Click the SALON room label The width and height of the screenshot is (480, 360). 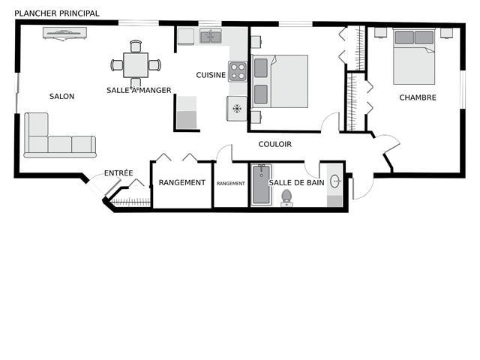pos(61,97)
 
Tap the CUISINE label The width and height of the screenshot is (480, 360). pos(211,75)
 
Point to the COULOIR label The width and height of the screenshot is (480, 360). pos(275,144)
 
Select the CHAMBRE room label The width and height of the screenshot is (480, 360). pos(418,97)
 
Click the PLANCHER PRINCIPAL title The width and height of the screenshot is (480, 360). pos(57,13)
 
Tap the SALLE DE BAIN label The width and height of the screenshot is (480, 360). pos(296,183)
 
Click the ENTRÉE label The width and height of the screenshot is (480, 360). pos(118,173)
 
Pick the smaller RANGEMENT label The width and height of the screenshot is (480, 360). pos(231,183)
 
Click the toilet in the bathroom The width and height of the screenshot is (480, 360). pos(286,198)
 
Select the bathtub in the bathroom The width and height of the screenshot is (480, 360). pos(262,185)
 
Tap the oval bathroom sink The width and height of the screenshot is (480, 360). pos(335,181)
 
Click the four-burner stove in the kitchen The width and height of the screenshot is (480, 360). pos(238,71)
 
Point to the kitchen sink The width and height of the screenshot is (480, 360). pos(211,37)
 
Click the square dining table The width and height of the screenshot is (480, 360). pos(136,65)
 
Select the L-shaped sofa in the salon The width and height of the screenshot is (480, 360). pos(60,135)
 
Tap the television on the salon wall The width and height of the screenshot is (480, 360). pos(64,33)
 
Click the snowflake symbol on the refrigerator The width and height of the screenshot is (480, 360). pos(237,108)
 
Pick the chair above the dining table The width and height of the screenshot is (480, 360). pos(136,46)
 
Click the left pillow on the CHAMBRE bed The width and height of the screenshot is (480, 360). pos(404,37)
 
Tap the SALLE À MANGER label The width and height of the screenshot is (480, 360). pos(139,90)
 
